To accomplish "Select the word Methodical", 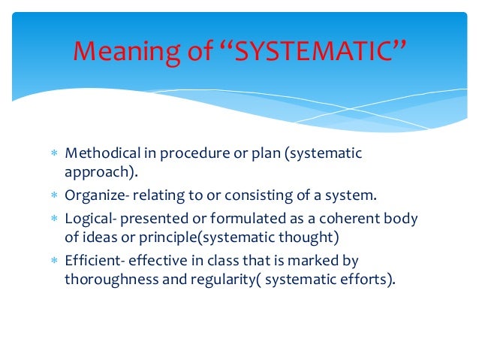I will click(101, 153).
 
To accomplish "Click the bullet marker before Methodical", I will click(53, 154).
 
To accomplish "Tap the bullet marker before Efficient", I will click(53, 261).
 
